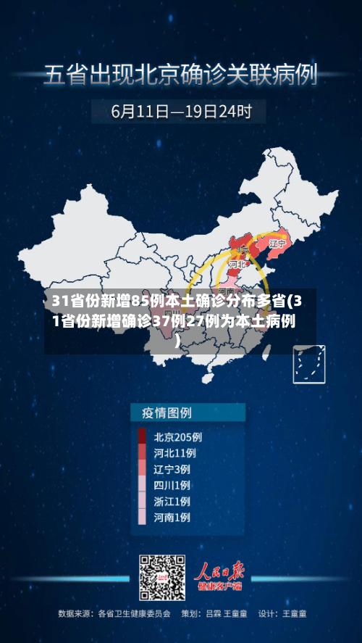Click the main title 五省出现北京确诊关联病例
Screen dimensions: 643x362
point(181,74)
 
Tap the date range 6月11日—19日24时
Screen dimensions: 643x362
point(181,112)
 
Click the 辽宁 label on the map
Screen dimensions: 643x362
point(277,244)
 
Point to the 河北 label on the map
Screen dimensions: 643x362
point(237,265)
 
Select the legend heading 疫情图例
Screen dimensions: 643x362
point(161,413)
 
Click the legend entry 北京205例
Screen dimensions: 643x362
point(177,437)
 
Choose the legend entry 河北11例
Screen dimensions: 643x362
point(174,452)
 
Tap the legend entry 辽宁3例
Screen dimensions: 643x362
point(172,468)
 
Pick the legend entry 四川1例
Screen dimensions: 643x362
point(172,485)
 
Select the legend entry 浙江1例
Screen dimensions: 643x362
point(172,501)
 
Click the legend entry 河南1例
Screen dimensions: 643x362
point(172,518)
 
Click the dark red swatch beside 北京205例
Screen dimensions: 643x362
point(142,437)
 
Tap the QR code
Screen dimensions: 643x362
point(161,578)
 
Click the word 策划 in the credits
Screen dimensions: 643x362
point(189,613)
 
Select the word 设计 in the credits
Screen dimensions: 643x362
point(266,613)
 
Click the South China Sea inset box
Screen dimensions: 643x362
point(308,363)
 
